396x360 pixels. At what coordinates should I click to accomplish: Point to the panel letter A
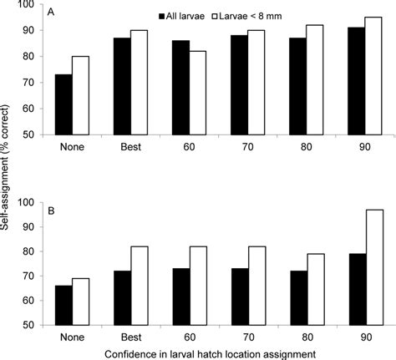pyautogui.click(x=52, y=13)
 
